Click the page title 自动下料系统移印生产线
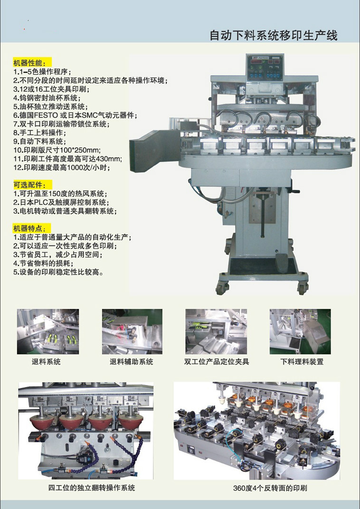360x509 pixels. [274, 36]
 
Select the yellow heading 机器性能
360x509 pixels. [32, 63]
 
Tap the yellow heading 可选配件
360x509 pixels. [32, 185]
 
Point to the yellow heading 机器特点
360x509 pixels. [32, 228]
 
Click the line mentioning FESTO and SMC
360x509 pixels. [75, 115]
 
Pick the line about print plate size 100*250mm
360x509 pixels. [57, 151]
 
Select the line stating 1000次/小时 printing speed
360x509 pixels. [62, 168]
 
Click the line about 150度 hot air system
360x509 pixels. [60, 194]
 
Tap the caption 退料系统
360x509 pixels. [46, 362]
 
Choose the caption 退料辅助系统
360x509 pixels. [132, 362]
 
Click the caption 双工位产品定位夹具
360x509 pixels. [217, 362]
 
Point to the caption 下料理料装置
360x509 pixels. [302, 362]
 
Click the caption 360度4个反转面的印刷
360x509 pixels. [270, 488]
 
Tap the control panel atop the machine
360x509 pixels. [265, 67]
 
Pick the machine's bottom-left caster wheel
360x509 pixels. [223, 288]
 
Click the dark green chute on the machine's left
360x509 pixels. [150, 148]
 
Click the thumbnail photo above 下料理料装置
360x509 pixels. [300, 331]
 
